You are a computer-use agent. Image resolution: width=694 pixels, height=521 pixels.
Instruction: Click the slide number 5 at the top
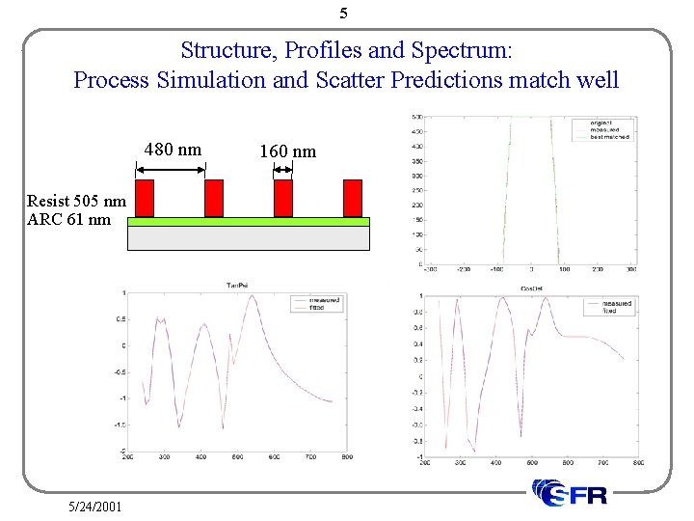344,14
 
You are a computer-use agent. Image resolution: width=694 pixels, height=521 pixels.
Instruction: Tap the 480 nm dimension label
173,150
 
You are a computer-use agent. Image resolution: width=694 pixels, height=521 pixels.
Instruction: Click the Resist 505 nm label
76,201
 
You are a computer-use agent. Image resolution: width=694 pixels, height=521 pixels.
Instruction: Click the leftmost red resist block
145,198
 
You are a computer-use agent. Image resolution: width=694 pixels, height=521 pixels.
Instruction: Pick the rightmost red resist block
353,198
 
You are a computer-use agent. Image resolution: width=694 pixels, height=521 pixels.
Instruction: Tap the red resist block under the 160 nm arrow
283,198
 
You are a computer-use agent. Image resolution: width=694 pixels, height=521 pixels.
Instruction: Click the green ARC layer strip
249,221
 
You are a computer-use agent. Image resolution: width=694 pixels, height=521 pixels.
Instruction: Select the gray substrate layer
249,237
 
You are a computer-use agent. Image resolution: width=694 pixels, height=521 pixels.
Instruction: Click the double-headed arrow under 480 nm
171,169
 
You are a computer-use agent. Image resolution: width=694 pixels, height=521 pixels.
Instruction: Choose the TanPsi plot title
238,285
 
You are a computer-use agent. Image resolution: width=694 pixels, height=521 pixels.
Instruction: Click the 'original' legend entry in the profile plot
604,123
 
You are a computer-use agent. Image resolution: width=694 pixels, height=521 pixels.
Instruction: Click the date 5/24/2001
94,506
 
